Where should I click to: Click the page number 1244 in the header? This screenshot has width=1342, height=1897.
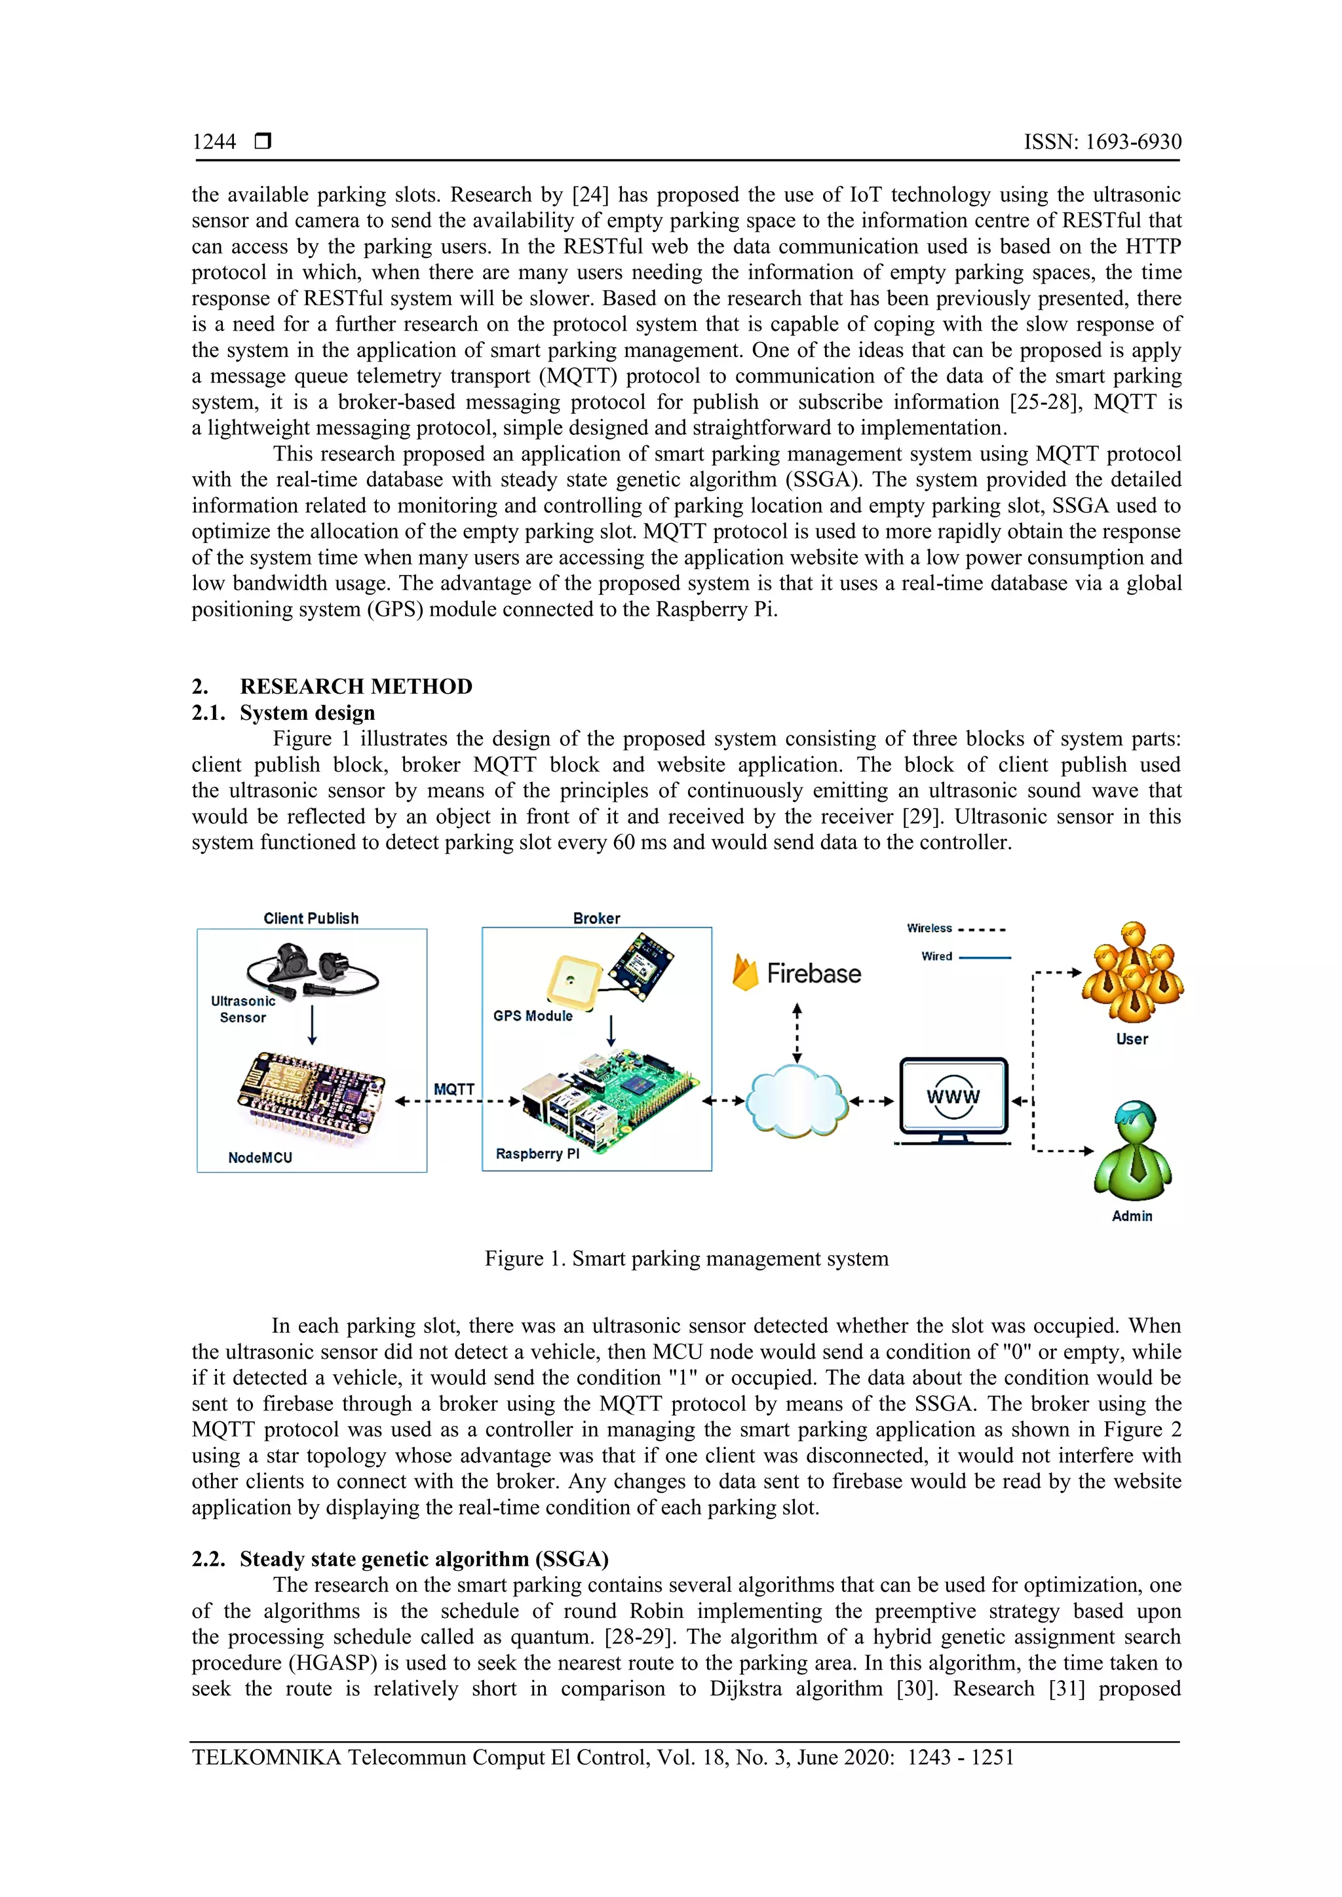(214, 142)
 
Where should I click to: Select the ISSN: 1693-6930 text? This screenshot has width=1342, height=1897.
(1102, 142)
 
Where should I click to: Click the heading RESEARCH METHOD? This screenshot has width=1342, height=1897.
(355, 686)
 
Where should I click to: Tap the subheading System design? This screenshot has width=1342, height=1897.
(307, 713)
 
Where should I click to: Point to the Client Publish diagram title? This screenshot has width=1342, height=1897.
(311, 918)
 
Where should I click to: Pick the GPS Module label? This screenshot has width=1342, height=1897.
(532, 1016)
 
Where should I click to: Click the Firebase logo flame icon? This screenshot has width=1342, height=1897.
(744, 973)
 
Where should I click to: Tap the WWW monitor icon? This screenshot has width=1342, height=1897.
(953, 1099)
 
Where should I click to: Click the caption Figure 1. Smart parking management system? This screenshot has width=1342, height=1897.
(686, 1258)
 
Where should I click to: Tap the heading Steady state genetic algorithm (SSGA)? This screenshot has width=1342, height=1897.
(424, 1559)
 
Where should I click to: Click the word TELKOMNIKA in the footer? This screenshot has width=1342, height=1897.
(266, 1757)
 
